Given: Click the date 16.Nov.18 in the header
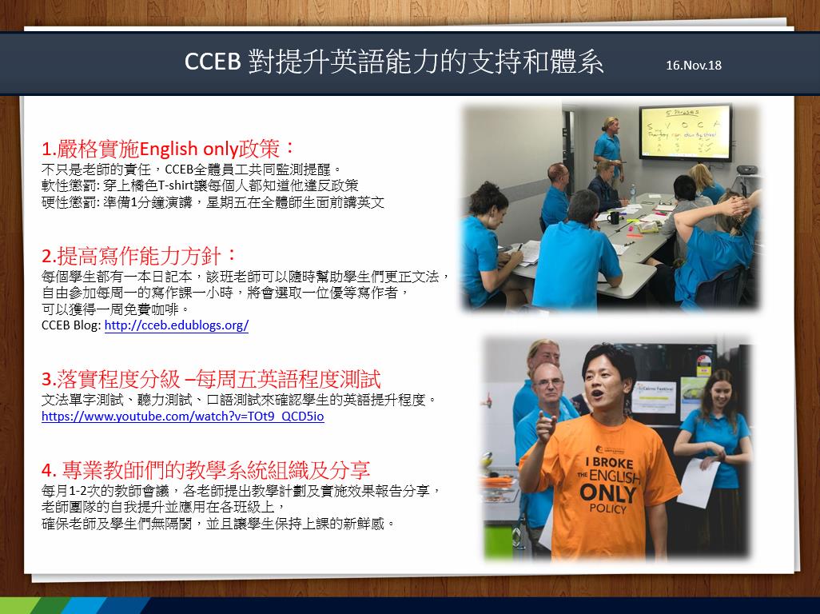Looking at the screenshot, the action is click(694, 65).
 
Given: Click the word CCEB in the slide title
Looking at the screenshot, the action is click(213, 62).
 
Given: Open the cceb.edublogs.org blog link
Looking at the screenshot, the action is click(177, 325).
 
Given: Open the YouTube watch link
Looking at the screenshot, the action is click(182, 417).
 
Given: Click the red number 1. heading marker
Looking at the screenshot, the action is click(49, 150).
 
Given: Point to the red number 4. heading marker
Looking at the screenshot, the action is click(49, 471).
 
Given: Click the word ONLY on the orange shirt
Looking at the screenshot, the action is click(608, 494).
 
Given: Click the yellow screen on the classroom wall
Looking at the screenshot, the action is click(685, 133).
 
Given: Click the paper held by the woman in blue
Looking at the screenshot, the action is click(699, 482).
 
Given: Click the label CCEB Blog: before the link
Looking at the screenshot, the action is click(71, 325).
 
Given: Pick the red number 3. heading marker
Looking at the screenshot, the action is click(49, 379).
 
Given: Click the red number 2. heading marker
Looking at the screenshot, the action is click(49, 257).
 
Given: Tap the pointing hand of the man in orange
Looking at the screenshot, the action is click(544, 425).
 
